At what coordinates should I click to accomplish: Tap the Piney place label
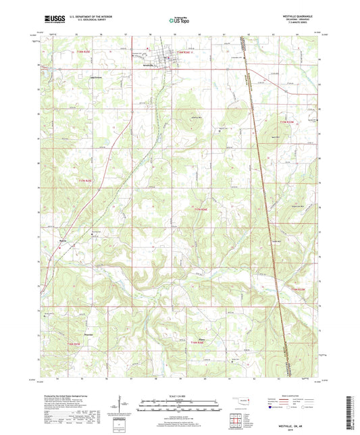[201, 338]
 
